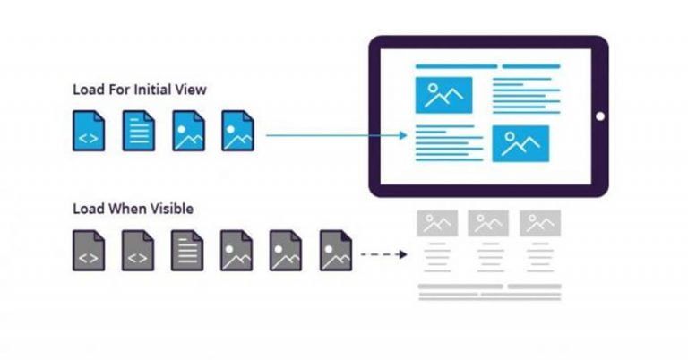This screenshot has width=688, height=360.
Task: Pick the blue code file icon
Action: pos(89,131)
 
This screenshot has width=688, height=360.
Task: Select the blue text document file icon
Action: pos(138,131)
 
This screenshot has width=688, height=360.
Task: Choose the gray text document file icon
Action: pos(187,250)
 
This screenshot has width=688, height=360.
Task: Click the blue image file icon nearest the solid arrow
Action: pos(237,131)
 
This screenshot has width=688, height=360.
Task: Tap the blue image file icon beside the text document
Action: pos(188,131)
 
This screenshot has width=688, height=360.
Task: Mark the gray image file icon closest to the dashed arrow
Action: pos(336,250)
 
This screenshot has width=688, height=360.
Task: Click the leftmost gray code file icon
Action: pos(89,250)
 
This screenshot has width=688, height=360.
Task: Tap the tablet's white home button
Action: pos(599,116)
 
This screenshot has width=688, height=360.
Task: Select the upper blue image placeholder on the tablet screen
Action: pos(443,94)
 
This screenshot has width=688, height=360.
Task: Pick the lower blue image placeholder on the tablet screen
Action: pos(520,143)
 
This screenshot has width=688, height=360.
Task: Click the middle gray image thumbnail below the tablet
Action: pos(488,223)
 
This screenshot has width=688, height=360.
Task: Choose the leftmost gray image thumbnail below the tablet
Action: pos(437,223)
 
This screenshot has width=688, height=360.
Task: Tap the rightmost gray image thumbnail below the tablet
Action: pos(539,223)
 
